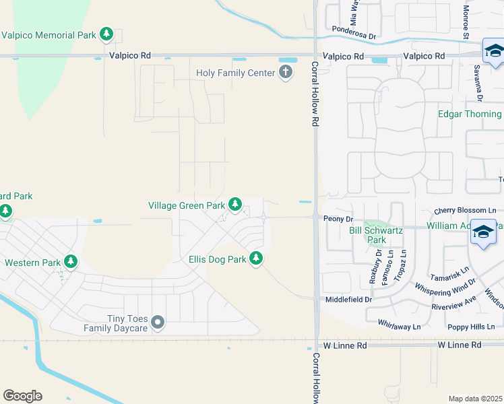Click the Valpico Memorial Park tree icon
coord(106,34)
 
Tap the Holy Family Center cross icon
coord(286,72)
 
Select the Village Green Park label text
coord(187,205)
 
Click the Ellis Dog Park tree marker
coord(255,259)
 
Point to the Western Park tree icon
coord(71,262)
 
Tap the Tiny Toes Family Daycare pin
coord(158,323)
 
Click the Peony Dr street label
coord(339,219)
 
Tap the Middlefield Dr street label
coord(348,299)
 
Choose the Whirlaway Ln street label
coord(399,326)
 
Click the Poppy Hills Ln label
coord(471,327)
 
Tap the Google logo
coord(22,396)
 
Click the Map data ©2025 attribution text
coord(475,399)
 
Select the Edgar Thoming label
coord(470,114)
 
